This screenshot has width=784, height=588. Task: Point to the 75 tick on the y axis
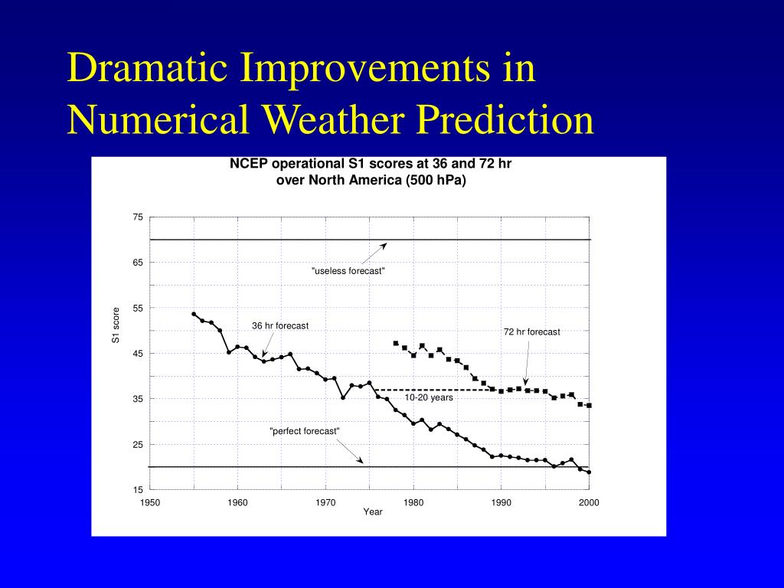pos(138,217)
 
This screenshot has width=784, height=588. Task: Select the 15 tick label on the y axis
pos(138,490)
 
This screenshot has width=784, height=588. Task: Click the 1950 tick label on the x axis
pos(150,502)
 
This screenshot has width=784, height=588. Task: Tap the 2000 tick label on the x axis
pos(589,502)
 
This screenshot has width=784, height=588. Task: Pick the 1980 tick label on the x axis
pos(413,502)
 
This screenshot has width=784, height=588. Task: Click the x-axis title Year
pos(373,512)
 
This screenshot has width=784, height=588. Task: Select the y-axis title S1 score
pos(116,325)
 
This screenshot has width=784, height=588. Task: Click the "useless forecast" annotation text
pos(348,271)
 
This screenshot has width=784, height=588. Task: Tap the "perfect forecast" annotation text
pos(305,431)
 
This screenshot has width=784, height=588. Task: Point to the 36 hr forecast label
pos(280,325)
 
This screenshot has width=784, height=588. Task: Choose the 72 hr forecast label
pos(531,332)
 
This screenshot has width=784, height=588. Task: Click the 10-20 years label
pos(429,397)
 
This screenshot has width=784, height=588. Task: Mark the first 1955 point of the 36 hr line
pos(194,314)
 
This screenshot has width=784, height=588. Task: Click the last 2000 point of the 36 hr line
pos(589,472)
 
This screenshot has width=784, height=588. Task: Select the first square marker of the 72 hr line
pos(396,343)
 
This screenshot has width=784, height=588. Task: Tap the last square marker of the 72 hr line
pos(589,405)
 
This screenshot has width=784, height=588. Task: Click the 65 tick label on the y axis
pos(138,263)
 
